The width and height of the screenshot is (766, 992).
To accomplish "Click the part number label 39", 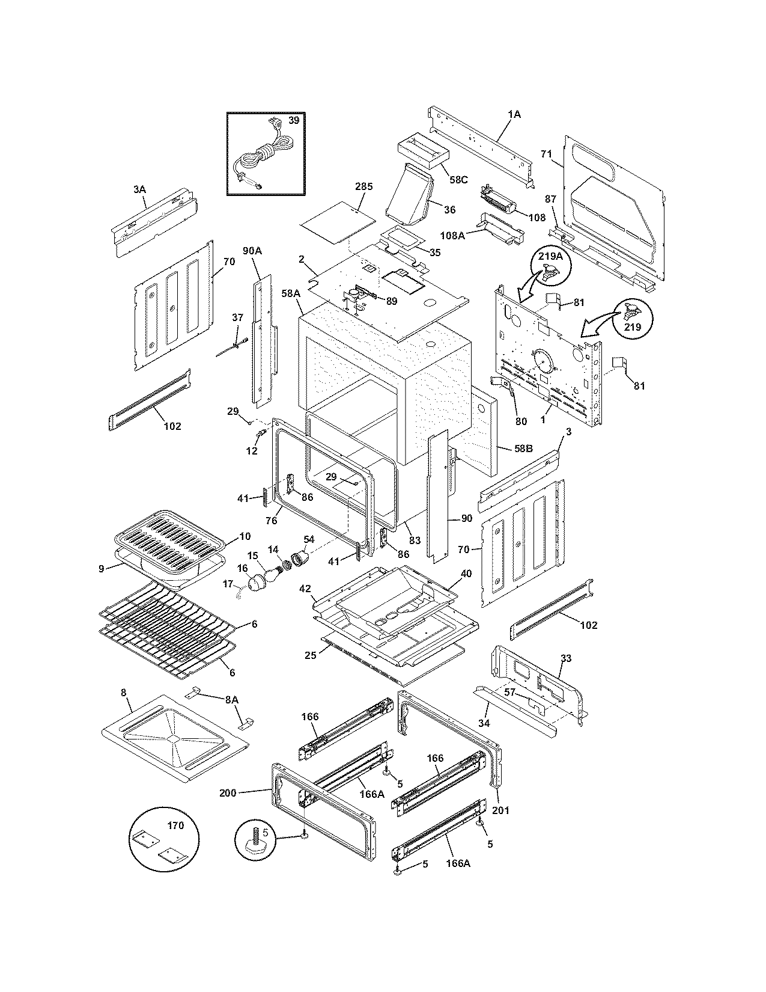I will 293,120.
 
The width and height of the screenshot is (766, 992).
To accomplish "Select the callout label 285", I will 363,186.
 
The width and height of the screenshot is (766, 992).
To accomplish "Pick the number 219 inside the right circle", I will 633,327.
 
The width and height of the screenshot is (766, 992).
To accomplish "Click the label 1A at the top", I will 514,114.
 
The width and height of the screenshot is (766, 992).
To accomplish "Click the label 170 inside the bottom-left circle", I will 175,825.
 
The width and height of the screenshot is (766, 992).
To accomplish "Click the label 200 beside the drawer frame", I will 228,793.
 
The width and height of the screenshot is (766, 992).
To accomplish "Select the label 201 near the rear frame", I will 500,810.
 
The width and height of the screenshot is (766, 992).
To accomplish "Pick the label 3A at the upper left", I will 139,189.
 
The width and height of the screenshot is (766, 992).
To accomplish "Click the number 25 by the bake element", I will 310,655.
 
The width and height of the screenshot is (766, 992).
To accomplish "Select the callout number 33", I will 565,658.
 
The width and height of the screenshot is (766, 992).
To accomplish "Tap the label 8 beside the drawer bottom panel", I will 124,693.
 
